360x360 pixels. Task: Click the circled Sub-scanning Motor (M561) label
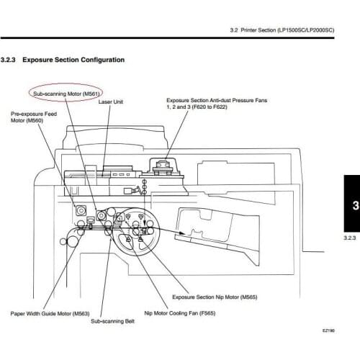[66, 94]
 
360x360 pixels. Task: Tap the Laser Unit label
[111, 102]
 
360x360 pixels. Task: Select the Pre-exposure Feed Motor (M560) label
[34, 117]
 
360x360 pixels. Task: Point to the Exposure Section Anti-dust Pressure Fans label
[217, 100]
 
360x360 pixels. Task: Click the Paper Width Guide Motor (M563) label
[50, 313]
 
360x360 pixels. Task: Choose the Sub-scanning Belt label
[112, 321]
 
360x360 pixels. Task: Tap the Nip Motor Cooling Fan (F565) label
[180, 313]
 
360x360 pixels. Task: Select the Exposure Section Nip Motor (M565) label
[215, 297]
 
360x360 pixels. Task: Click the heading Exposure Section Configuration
[73, 60]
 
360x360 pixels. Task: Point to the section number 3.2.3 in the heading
[8, 60]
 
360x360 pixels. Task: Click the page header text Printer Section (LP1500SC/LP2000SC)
[287, 30]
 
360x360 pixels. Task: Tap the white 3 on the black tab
[356, 205]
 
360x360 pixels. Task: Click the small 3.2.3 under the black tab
[350, 238]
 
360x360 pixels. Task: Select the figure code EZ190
[328, 330]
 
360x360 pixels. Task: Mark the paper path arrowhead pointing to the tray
[182, 233]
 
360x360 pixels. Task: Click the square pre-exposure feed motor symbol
[81, 210]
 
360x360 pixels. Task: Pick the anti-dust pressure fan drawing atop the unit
[163, 167]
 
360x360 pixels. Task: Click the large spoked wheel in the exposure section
[136, 231]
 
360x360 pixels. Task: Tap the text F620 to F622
[210, 107]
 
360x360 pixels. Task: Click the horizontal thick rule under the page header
[167, 38]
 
